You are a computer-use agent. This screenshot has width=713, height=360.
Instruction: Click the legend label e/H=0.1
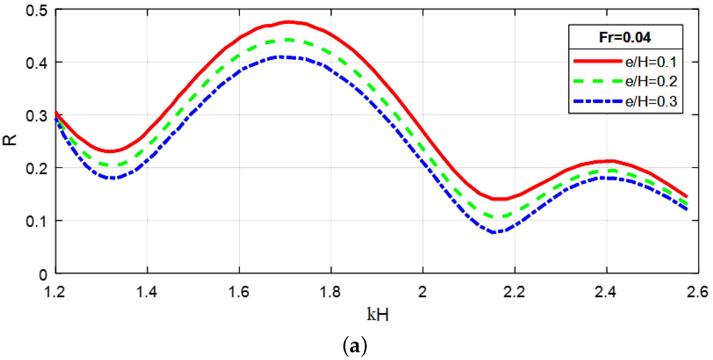pos(651,62)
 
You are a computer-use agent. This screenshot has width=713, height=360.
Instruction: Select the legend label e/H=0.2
pos(651,81)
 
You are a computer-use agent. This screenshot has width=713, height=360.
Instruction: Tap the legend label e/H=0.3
pos(651,102)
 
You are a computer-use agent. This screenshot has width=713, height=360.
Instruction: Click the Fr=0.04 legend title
pos(625,37)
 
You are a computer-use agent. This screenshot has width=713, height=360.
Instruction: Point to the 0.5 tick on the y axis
pos(37,11)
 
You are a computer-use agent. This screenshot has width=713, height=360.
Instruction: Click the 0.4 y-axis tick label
pos(37,63)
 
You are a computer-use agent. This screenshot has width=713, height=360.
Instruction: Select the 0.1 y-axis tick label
pos(37,222)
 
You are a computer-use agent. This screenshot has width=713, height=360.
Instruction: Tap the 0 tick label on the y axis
pos(43,275)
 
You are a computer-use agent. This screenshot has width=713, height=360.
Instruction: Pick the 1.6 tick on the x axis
pos(239,292)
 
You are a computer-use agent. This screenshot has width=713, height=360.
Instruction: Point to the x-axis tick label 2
pos(422,292)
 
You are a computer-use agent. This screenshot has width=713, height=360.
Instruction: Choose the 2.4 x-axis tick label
pos(606,292)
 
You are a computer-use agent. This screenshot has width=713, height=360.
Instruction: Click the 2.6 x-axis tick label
pos(697,292)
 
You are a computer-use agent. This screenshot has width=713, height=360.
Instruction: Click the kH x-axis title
pos(378,314)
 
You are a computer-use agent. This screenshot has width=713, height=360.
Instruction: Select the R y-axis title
pos(10,140)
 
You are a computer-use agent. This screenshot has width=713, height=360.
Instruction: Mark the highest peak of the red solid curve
pos(289,22)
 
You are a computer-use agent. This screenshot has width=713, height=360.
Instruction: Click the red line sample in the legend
pos(598,61)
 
